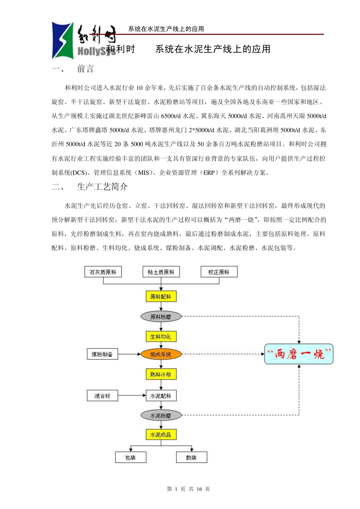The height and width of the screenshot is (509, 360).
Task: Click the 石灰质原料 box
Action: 103,272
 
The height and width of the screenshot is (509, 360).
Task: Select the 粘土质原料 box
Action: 161,272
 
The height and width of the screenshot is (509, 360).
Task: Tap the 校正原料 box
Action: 219,272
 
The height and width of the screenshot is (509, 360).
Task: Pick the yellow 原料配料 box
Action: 161,297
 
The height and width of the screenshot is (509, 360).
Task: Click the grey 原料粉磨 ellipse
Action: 161,317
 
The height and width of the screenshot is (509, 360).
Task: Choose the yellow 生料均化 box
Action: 161,336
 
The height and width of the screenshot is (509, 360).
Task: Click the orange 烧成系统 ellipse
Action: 161,354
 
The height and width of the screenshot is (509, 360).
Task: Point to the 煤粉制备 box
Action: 102,354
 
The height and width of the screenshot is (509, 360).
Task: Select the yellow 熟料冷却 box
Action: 161,375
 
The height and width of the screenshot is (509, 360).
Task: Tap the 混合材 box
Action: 102,396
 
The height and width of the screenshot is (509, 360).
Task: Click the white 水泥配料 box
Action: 161,396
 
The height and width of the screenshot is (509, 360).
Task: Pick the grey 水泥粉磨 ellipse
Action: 161,415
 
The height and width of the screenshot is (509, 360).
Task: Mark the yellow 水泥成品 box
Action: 161,435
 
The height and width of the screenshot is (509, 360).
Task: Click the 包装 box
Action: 130,457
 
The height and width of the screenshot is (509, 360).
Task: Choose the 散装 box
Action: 191,457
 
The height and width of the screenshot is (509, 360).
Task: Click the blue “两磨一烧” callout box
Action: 299,354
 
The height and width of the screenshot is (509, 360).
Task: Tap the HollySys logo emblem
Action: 63,41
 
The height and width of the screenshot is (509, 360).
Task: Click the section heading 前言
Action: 85,69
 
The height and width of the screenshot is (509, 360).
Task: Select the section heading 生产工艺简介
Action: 102,187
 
